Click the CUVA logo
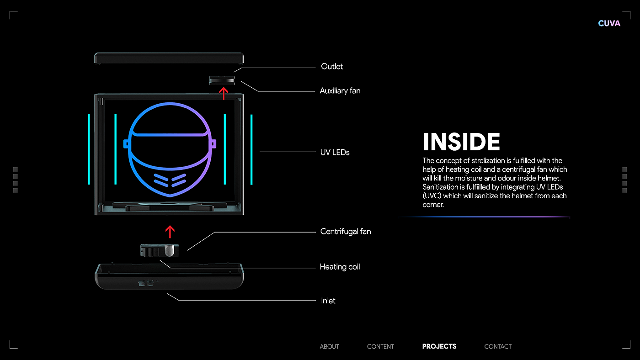pos(609,23)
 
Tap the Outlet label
pos(332,67)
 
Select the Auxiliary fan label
pos(340,91)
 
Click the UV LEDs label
pos(335,152)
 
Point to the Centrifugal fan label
pos(346,232)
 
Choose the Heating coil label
pos(340,267)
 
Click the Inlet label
pos(328,301)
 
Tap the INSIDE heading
pos(461,142)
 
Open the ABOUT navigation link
pos(329,346)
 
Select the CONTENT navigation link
pos(380,346)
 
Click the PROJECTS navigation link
pos(439,346)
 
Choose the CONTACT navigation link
pos(498,346)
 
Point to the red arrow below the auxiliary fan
pos(224,93)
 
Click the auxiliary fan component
pos(222,80)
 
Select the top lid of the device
pos(169,58)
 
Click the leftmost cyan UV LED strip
pos(89,149)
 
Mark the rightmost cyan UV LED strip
pos(251,149)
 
